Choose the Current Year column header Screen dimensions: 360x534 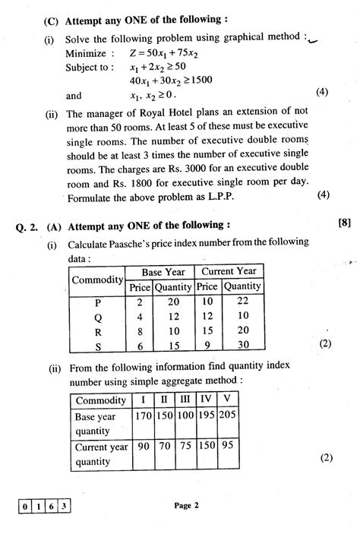(229, 271)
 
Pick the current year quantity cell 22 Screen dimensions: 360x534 (242, 301)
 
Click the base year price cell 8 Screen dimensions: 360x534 (139, 330)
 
